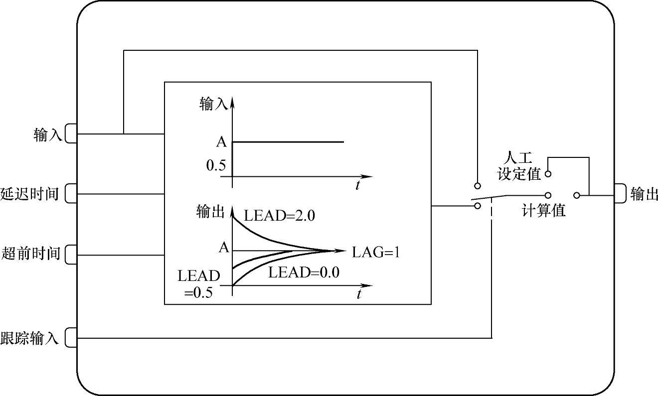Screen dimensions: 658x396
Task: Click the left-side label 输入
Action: pyautogui.click(x=47, y=134)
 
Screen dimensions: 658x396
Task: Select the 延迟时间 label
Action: pyautogui.click(x=30, y=194)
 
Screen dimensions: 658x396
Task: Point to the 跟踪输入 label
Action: pyautogui.click(x=30, y=339)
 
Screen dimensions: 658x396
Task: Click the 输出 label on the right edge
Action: pyautogui.click(x=644, y=194)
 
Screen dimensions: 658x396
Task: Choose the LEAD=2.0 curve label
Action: pyautogui.click(x=280, y=216)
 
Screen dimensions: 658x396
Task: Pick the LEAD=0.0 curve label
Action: pyautogui.click(x=304, y=272)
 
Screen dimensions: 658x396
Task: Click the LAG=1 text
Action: pyautogui.click(x=376, y=253)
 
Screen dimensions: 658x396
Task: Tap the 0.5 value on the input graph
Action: pyautogui.click(x=216, y=165)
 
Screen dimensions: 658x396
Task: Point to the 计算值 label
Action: pyautogui.click(x=544, y=211)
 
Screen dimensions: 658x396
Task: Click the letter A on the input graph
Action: pyautogui.click(x=221, y=142)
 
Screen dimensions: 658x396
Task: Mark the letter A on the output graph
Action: pyautogui.click(x=224, y=247)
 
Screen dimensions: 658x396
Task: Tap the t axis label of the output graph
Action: pyautogui.click(x=358, y=294)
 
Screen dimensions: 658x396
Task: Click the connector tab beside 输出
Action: pyautogui.click(x=620, y=193)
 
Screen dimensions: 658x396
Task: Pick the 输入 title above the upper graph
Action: pyautogui.click(x=214, y=104)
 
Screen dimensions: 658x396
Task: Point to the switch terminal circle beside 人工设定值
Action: pyautogui.click(x=547, y=174)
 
